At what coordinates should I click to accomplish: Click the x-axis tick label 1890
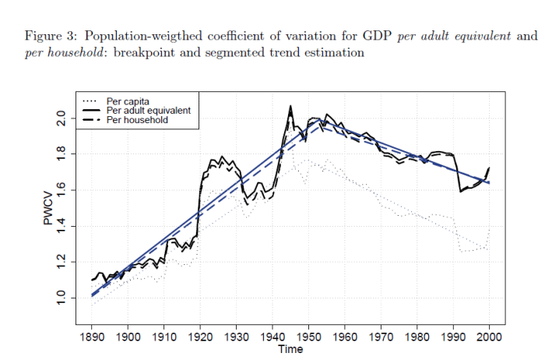tap(92, 336)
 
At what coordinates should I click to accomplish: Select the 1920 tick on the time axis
tap(200, 336)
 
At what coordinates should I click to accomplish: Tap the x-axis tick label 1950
tap(308, 336)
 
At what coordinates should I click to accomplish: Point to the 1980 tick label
tap(417, 336)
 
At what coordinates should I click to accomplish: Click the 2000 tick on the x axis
tap(489, 336)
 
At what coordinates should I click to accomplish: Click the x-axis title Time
tap(290, 349)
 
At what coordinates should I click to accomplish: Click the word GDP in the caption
tap(377, 37)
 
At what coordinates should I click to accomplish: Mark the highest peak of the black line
tap(290, 105)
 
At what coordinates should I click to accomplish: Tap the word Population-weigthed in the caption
tap(142, 37)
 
